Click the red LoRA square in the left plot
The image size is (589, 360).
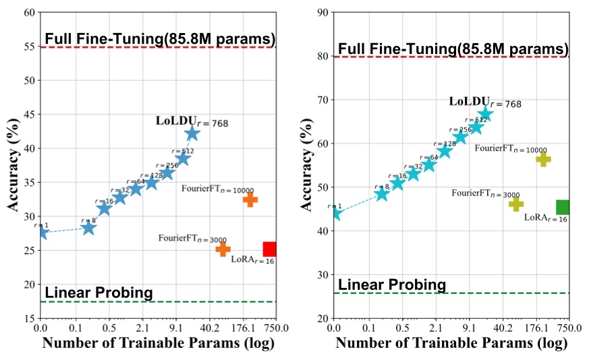click(x=270, y=249)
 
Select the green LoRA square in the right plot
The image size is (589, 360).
click(x=563, y=208)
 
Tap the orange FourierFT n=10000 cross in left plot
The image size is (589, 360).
click(x=250, y=200)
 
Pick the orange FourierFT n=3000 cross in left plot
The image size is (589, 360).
click(x=223, y=249)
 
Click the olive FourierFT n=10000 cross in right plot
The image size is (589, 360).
click(x=543, y=159)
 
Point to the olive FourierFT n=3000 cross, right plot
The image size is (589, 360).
click(x=516, y=204)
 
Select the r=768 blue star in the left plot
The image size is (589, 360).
click(x=192, y=133)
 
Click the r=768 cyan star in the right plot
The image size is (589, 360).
click(x=485, y=114)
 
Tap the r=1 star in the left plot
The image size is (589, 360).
click(x=42, y=233)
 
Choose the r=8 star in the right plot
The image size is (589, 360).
click(x=382, y=194)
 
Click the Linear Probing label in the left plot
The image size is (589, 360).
click(x=99, y=293)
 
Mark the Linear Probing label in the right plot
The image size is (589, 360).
click(x=391, y=284)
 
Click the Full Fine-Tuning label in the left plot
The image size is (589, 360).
click(x=160, y=38)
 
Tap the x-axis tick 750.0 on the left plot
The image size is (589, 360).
click(x=276, y=328)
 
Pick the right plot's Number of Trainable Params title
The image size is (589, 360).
click(x=451, y=342)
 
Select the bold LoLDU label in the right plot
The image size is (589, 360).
click(x=470, y=102)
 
